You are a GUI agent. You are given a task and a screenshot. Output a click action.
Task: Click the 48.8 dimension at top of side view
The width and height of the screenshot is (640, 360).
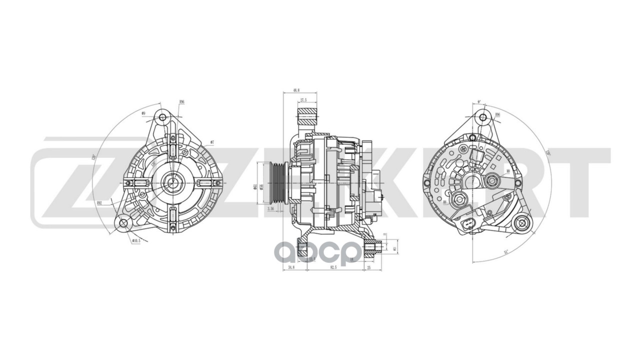coord(296,90)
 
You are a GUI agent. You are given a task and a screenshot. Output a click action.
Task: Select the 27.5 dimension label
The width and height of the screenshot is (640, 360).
coord(303,100)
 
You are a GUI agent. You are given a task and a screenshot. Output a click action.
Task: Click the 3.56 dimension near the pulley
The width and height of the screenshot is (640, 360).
coord(271,208)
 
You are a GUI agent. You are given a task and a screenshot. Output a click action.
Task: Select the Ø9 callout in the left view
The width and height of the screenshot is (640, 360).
coord(143,113)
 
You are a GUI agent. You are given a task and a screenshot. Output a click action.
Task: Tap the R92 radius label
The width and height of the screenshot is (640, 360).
coord(99,203)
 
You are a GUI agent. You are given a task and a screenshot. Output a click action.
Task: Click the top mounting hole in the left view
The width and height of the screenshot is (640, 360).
coord(162,117)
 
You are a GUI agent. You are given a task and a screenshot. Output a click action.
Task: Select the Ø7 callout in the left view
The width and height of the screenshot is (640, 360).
coord(212,142)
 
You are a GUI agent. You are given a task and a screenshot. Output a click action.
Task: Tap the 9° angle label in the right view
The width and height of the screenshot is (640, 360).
coord(478,102)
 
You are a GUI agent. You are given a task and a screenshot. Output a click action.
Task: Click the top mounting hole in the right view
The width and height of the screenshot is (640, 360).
coord(482,117)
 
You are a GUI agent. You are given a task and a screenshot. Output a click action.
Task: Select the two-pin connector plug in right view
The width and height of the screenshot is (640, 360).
coord(469,226)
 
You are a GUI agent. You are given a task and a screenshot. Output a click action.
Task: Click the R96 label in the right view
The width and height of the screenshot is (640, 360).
coord(497,114)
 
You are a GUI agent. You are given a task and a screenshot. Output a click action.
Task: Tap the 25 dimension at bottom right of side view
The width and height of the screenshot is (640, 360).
coord(369,268)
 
